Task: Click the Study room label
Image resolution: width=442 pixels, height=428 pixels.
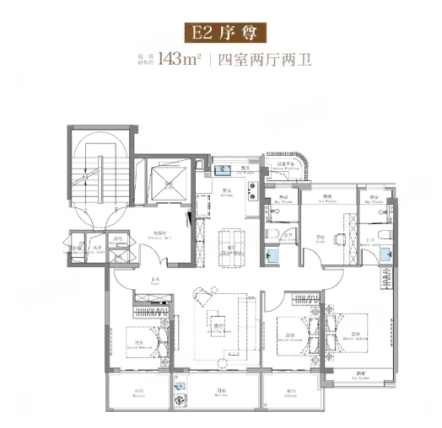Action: [322, 241]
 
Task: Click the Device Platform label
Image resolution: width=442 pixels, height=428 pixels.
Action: [283, 167]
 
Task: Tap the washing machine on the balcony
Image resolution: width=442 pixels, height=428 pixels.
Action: [179, 390]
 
